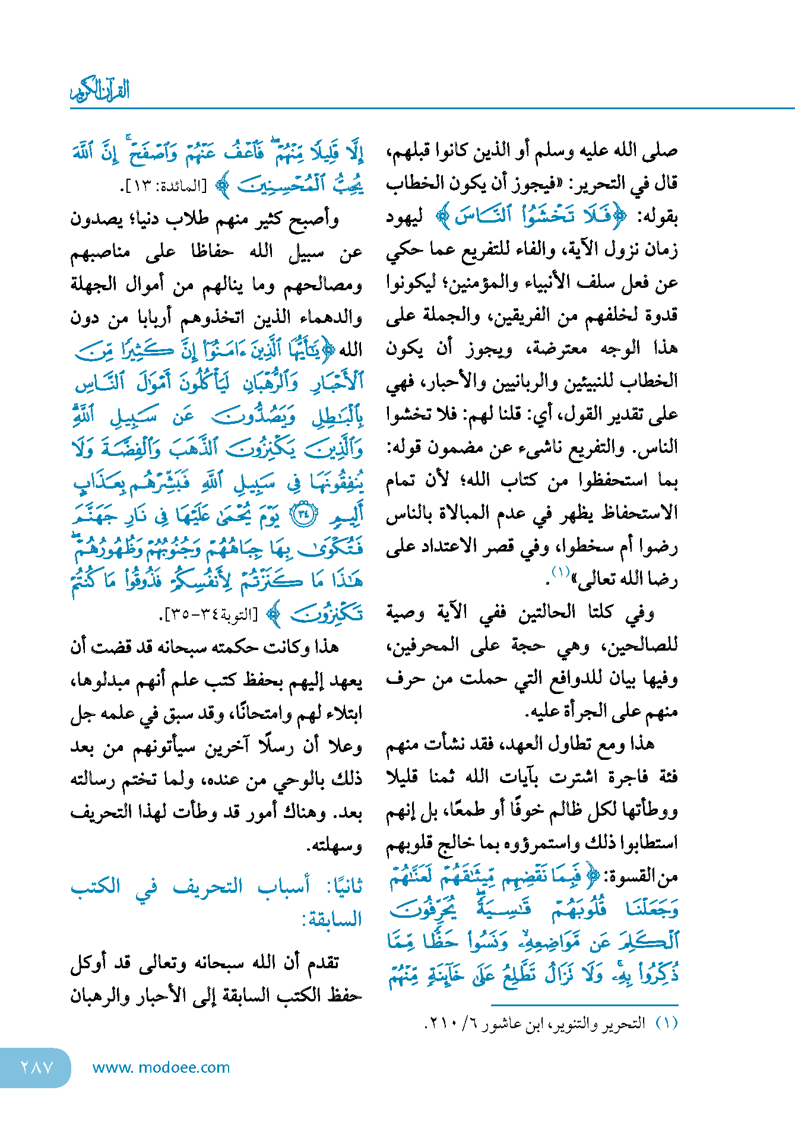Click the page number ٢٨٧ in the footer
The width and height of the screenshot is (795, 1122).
tap(37, 1067)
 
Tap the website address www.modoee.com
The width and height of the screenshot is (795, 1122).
tap(161, 1067)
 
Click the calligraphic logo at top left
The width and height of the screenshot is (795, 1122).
tap(100, 91)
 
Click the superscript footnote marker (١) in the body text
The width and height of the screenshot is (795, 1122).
tap(560, 572)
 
